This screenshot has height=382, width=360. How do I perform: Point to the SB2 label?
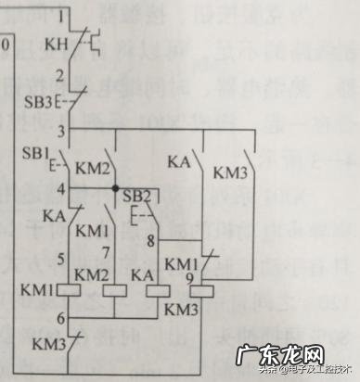coord(136,195)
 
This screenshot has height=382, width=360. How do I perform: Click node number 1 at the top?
coord(61,17)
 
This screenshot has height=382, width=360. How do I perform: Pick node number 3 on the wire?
coord(61,130)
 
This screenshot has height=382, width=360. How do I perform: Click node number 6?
coord(60,319)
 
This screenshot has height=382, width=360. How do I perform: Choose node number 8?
coord(152,243)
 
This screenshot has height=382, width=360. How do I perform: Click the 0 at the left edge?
coord(7,44)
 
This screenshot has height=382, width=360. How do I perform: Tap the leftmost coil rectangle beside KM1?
coord(70,290)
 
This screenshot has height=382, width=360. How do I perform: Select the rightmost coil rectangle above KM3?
coord(202,290)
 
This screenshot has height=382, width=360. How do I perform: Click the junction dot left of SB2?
coord(115,190)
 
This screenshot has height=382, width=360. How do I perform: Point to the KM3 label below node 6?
coord(49,345)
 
